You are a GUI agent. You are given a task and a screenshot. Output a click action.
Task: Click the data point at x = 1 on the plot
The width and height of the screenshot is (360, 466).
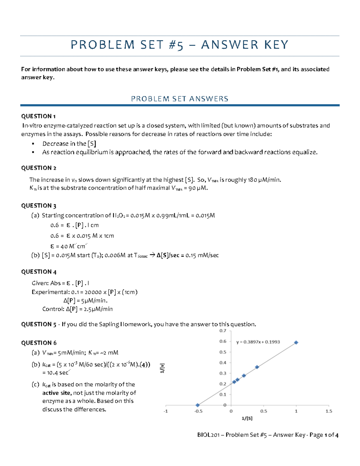[x=296, y=342]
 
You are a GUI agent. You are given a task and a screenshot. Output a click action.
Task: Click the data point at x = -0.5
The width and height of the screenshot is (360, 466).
[x=197, y=405]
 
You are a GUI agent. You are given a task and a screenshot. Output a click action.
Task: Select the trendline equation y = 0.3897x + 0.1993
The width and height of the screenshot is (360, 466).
[x=258, y=342]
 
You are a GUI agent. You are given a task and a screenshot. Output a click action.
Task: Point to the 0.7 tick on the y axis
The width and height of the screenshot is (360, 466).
[x=223, y=331]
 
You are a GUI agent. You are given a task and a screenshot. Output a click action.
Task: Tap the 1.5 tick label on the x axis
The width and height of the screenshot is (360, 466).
[x=329, y=411]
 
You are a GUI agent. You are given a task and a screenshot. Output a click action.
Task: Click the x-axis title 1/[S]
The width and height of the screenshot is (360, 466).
[x=247, y=418]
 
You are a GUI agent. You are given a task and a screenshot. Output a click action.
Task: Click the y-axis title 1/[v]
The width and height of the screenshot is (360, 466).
[x=162, y=368]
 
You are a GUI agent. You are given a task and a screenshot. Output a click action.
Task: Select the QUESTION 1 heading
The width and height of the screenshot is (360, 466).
[x=38, y=116]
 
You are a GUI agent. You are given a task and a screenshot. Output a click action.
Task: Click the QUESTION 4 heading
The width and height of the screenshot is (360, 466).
[x=39, y=272]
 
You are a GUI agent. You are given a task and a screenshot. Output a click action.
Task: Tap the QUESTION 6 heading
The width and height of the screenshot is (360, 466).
[x=39, y=343]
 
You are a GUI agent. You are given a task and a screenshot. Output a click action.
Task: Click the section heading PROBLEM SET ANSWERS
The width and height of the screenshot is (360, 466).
[x=180, y=99]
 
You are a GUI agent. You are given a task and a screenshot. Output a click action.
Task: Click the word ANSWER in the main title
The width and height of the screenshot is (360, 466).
[x=229, y=45]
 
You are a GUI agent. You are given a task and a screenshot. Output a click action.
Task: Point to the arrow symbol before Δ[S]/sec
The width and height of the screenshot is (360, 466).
[x=152, y=255]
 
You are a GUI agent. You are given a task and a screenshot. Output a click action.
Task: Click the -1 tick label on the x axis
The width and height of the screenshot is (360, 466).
[x=166, y=411]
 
